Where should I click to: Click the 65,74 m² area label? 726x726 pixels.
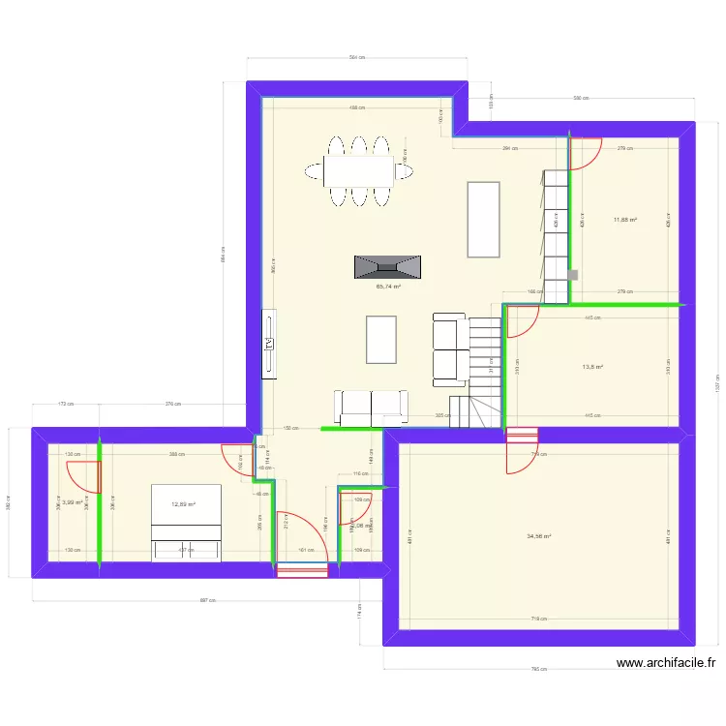click(x=388, y=287)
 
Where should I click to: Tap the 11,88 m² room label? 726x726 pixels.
click(x=624, y=220)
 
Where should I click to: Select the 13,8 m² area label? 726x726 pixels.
click(x=592, y=367)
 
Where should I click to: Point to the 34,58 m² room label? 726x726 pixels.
click(x=539, y=537)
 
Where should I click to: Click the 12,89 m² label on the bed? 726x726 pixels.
click(x=184, y=504)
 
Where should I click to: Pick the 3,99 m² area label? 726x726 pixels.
click(x=71, y=502)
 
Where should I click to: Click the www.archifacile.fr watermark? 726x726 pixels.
click(x=666, y=663)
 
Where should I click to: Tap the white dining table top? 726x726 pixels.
click(x=359, y=171)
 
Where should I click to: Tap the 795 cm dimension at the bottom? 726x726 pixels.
click(x=539, y=669)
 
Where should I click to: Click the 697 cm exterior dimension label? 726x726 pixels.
click(x=206, y=600)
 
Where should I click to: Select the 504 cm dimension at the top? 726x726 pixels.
click(x=356, y=58)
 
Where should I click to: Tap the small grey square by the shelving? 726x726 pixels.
click(x=573, y=275)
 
